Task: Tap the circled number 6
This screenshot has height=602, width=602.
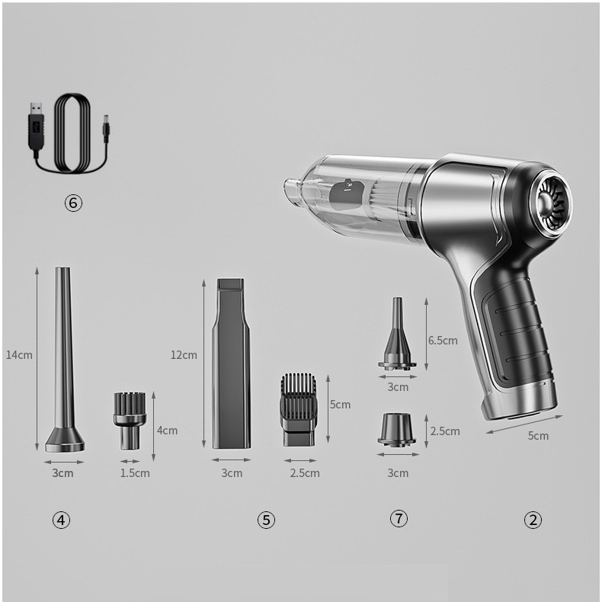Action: [73, 203]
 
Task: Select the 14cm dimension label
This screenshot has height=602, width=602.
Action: [19, 355]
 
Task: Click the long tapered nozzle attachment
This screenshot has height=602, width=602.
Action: [64, 360]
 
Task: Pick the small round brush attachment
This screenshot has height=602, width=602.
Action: [130, 421]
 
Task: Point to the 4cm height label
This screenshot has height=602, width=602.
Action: [167, 431]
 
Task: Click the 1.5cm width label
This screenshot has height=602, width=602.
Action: [135, 472]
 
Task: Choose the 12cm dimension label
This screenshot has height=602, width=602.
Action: [184, 355]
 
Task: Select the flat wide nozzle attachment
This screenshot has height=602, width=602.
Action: [231, 363]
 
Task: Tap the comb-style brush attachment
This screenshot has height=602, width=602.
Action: [298, 410]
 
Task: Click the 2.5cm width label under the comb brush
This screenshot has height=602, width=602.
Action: [305, 472]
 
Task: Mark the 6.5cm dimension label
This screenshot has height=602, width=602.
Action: [443, 340]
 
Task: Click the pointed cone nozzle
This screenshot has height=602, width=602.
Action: [398, 333]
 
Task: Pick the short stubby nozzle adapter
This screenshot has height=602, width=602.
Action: [396, 430]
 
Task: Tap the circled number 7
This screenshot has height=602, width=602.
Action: [399, 519]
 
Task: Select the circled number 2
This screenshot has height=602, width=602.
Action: [533, 520]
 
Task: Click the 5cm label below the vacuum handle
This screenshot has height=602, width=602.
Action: [538, 436]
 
